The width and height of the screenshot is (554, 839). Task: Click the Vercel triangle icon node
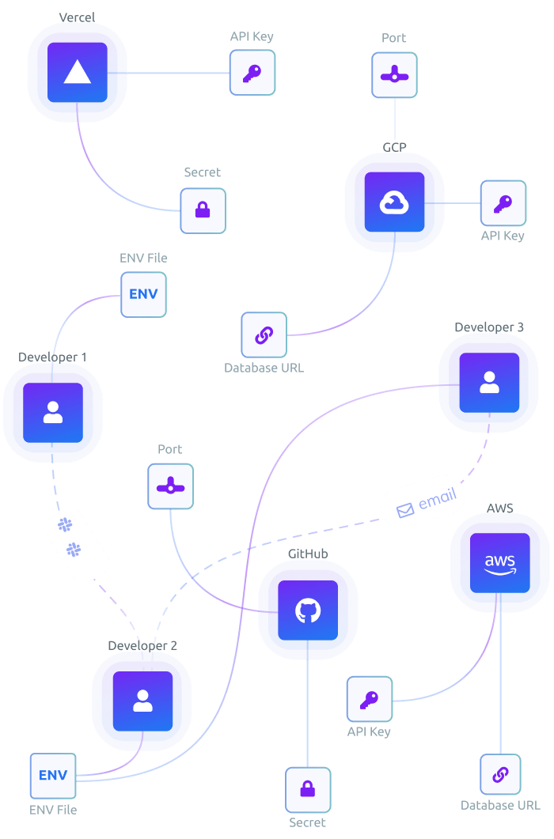click(77, 73)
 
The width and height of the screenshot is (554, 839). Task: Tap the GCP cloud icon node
click(394, 202)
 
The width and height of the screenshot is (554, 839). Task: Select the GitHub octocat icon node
click(308, 610)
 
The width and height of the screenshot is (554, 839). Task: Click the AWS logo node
click(500, 563)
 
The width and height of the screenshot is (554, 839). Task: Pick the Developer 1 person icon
click(53, 413)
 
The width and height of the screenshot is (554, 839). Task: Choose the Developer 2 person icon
click(142, 701)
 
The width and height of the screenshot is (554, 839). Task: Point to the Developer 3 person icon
click(489, 383)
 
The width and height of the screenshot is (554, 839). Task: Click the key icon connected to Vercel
click(252, 74)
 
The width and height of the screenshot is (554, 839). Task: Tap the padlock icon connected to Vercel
click(203, 210)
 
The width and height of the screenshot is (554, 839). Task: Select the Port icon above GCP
click(394, 76)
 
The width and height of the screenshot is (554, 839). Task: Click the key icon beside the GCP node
click(503, 203)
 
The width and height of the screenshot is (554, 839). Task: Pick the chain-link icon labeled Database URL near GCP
click(264, 334)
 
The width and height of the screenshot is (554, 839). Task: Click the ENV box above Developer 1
click(143, 294)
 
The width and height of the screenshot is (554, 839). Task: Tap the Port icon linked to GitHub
click(170, 486)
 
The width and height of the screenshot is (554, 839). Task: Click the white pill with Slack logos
click(76, 546)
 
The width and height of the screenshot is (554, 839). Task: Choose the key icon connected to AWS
click(370, 699)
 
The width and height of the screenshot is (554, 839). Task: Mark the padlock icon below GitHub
click(308, 789)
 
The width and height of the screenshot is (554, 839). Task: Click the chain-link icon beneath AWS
click(500, 774)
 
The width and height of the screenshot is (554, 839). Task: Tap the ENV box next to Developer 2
click(53, 775)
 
